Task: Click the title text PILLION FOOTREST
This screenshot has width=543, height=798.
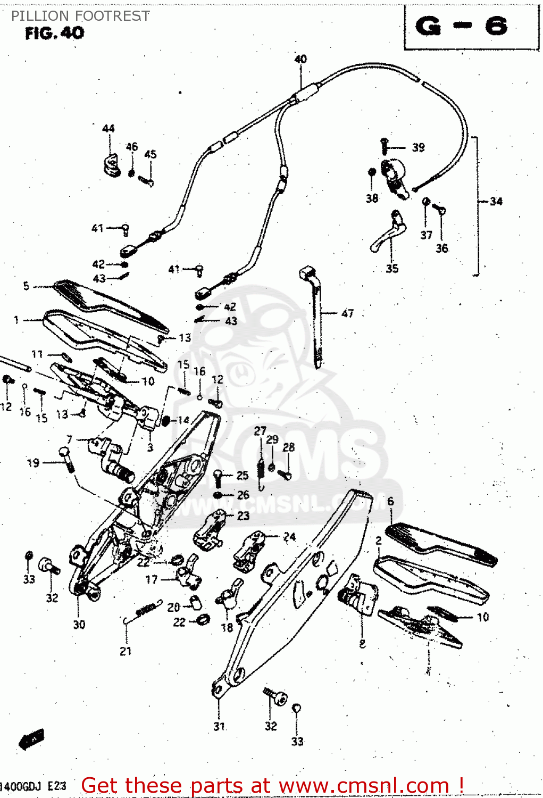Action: [x=80, y=16]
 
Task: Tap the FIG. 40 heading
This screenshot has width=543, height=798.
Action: [x=54, y=33]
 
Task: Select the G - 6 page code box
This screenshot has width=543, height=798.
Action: [x=462, y=27]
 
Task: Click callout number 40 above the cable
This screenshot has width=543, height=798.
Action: [x=300, y=59]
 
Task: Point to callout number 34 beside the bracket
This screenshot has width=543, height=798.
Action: [x=496, y=201]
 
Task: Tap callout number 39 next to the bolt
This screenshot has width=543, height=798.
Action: [x=419, y=147]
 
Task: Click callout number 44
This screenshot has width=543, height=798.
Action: [x=108, y=129]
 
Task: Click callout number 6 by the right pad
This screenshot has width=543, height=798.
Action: [x=391, y=501]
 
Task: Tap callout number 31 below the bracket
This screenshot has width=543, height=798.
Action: [x=219, y=726]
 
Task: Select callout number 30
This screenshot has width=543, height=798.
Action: [x=79, y=625]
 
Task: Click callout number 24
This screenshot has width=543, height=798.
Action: [x=289, y=537]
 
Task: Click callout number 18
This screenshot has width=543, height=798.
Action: [x=227, y=628]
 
